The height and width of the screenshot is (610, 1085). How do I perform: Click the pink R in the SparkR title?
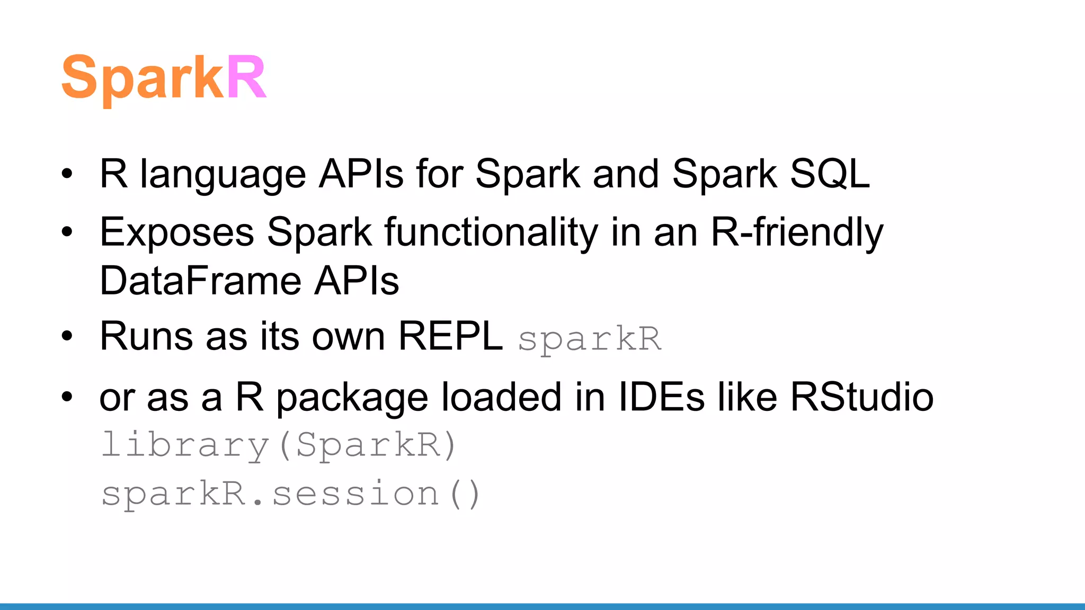[x=246, y=78]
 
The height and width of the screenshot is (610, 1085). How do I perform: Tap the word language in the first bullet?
[x=223, y=175]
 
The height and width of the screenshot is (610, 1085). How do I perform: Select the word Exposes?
[x=177, y=232]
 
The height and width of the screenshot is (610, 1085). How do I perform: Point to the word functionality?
[x=491, y=232]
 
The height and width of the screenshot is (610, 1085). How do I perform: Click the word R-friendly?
[x=797, y=232]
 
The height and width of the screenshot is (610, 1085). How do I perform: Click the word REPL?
[x=450, y=336]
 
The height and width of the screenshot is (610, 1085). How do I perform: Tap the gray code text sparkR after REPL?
[x=590, y=339]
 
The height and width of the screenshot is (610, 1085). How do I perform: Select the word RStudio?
[x=862, y=397]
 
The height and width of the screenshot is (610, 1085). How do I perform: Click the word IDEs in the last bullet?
[x=662, y=397]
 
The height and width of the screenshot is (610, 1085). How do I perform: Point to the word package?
[x=352, y=398]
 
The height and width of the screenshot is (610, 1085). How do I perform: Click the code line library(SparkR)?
[x=279, y=445]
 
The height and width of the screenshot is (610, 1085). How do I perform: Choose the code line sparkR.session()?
[x=290, y=494]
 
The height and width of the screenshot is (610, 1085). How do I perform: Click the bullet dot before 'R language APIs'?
[x=67, y=174]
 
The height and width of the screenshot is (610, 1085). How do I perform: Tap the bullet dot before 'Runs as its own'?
[x=67, y=336]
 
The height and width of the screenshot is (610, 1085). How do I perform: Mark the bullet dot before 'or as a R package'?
[x=67, y=397]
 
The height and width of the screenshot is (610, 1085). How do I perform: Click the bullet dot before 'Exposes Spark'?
[x=67, y=232]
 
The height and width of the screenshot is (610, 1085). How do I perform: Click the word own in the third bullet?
[x=348, y=337]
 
